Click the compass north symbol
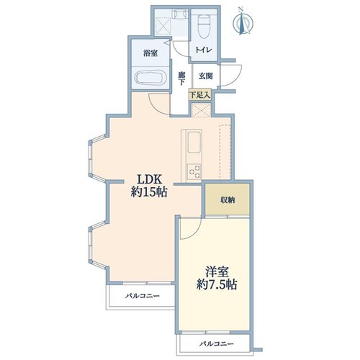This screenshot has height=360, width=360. [x=243, y=22]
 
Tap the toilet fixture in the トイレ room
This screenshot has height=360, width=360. [x=203, y=26]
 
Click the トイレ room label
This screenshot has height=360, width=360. [x=204, y=50]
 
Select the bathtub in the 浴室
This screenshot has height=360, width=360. [x=150, y=77]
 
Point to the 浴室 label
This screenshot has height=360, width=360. [x=150, y=53]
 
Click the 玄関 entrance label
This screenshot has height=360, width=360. [x=205, y=76]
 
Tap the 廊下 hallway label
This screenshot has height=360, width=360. [x=181, y=78]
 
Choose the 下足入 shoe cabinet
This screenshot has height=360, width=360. [x=199, y=95]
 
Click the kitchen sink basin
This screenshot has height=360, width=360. [x=194, y=143]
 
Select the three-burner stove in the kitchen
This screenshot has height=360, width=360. [x=194, y=171]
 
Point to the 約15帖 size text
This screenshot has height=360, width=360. [x=149, y=192]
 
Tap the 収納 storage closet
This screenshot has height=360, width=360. [x=228, y=199]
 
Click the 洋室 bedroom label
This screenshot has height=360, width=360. [x=217, y=272]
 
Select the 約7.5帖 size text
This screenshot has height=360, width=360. [x=217, y=284]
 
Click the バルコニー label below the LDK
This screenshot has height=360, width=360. [x=142, y=296]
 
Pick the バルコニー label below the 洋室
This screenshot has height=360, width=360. [x=216, y=344]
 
